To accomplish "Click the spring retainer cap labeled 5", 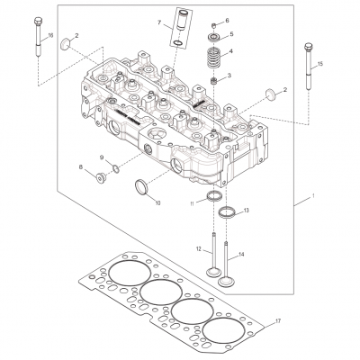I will click(x=214, y=36).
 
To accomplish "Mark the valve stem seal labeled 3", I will click(x=214, y=81).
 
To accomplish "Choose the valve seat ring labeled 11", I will click(x=212, y=198).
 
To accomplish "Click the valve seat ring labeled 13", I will click(x=228, y=213).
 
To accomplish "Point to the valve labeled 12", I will click(x=212, y=261).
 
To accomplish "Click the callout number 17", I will click(x=279, y=320).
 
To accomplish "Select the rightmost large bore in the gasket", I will click(x=222, y=328).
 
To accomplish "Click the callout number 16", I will click(x=50, y=34).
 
